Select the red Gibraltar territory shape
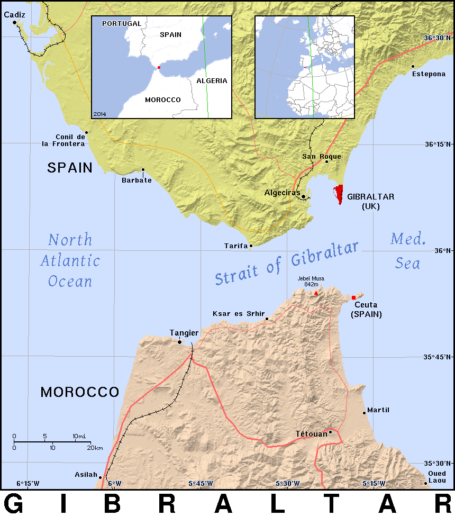[x=338, y=194]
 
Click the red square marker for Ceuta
[x=353, y=297]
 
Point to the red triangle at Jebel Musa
[x=316, y=293]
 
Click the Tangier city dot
[x=179, y=342]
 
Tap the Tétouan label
[x=311, y=434]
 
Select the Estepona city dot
[x=413, y=66]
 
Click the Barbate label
[x=136, y=180]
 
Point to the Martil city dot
[x=364, y=413]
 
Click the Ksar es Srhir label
[x=238, y=313]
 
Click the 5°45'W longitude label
[x=201, y=483]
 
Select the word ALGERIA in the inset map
[x=212, y=81]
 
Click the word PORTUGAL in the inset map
[x=122, y=24]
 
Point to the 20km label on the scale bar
[x=95, y=448]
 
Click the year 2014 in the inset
[x=99, y=114]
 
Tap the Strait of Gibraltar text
[x=287, y=264]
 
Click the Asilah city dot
[x=100, y=477]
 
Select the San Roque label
[x=322, y=156]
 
